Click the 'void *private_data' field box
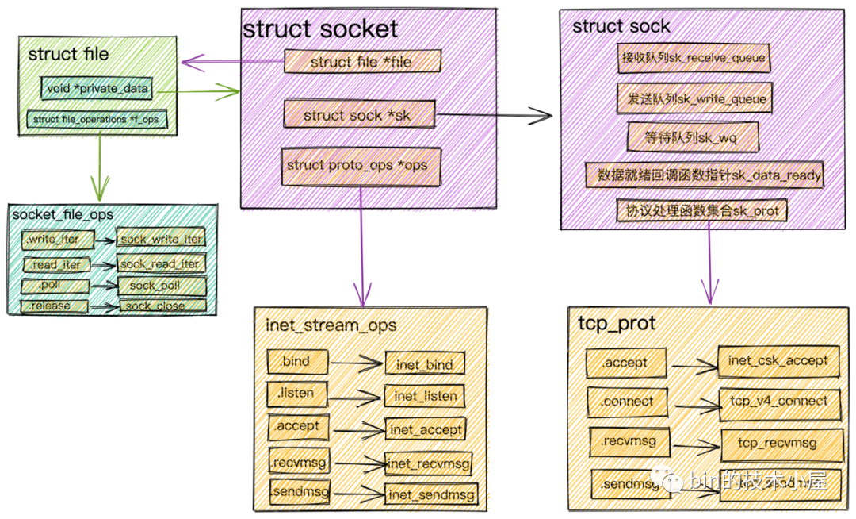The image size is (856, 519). click(x=97, y=89)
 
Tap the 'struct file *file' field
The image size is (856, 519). click(x=361, y=61)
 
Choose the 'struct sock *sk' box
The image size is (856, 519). click(x=359, y=115)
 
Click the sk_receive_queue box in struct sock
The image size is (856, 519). click(x=693, y=57)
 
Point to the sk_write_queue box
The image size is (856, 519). click(x=692, y=99)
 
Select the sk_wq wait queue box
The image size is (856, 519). click(x=693, y=137)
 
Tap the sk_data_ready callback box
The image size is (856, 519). click(x=704, y=175)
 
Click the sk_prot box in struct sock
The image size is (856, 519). click(x=701, y=211)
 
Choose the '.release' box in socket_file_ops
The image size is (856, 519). click(x=55, y=306)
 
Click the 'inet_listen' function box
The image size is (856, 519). click(x=424, y=395)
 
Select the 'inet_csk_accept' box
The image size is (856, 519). click(x=778, y=361)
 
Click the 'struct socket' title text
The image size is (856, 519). click(x=320, y=29)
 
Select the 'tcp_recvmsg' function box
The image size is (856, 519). click(x=778, y=444)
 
